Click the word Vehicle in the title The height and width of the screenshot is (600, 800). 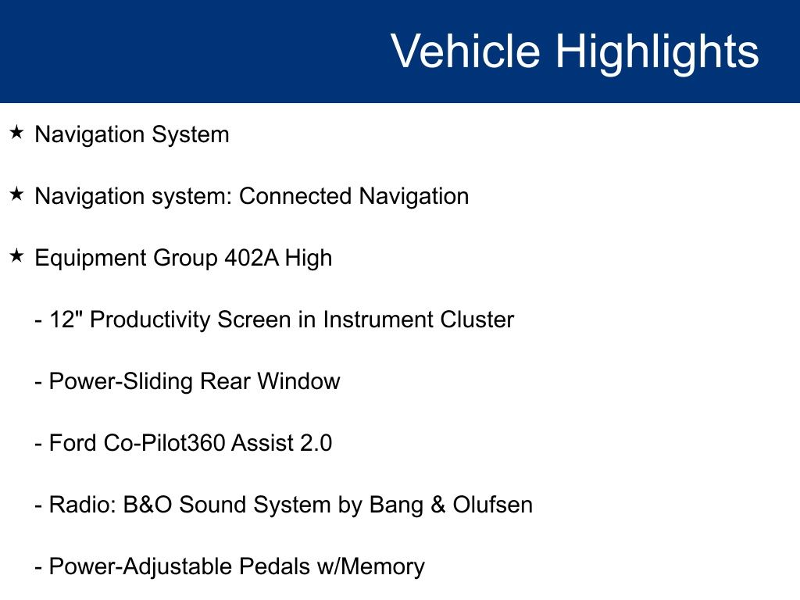pos(466,51)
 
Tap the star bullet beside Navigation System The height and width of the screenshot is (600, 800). pos(16,133)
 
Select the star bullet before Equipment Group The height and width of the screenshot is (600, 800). pos(16,255)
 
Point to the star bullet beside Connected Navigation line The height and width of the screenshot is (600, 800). pos(16,194)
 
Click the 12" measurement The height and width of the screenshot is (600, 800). pos(62,320)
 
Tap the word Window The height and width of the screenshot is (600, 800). pos(298,381)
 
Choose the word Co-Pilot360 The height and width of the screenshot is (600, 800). pos(165,443)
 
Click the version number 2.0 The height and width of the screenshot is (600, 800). pos(316,443)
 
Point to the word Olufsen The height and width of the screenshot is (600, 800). pos(493,505)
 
